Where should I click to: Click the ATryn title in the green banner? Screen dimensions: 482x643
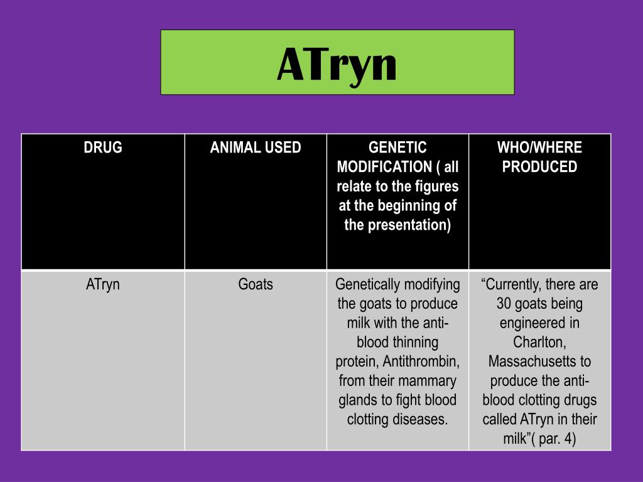coord(337,64)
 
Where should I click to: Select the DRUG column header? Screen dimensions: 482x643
coord(103,147)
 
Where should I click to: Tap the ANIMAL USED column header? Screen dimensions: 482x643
coord(256,147)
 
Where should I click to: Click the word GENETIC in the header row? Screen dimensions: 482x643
coord(397,147)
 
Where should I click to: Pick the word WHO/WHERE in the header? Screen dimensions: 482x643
coord(539,147)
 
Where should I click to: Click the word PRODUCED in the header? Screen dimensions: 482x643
coord(539,167)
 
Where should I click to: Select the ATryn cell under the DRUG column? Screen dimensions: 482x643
coord(103,284)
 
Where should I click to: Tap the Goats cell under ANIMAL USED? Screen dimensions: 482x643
coord(256,284)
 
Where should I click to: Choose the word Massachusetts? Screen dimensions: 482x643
coord(539,362)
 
